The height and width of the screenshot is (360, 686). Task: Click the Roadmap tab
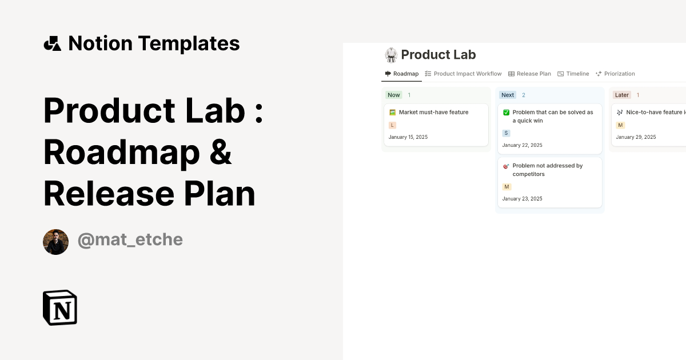[402, 74]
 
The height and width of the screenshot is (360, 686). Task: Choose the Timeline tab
[573, 74]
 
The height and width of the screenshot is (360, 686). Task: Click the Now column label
[394, 95]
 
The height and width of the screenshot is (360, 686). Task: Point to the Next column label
[508, 95]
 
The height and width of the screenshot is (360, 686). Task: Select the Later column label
[621, 95]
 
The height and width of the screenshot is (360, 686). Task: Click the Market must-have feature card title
[433, 113]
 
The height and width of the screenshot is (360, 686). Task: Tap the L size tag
[392, 125]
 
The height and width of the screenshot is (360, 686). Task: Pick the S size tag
[506, 133]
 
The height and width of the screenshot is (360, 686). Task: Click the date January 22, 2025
[522, 145]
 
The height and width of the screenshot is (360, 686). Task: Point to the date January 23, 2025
[522, 199]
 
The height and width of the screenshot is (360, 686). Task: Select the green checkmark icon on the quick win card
[506, 113]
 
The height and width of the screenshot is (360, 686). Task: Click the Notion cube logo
[60, 307]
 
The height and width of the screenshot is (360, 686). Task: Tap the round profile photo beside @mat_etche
[55, 242]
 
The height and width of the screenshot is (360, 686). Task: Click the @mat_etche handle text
[130, 240]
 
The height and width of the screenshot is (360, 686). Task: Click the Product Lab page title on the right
[438, 55]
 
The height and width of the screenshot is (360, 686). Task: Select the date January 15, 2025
[408, 137]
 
